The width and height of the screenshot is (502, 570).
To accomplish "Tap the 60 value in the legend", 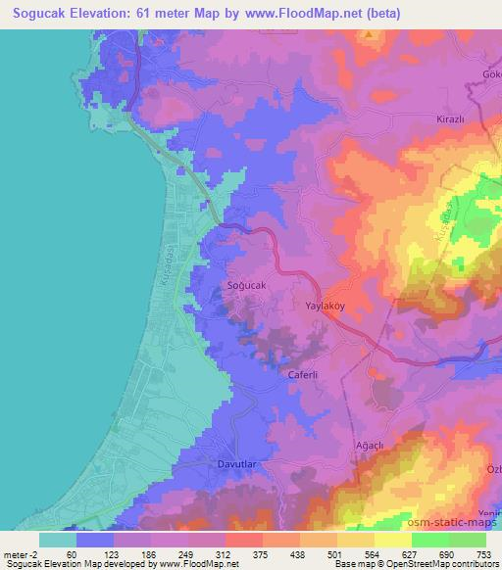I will click(x=72, y=554).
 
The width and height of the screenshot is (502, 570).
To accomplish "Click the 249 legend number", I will click(x=175, y=554).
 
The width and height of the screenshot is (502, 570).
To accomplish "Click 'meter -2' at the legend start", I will click(x=19, y=554).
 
